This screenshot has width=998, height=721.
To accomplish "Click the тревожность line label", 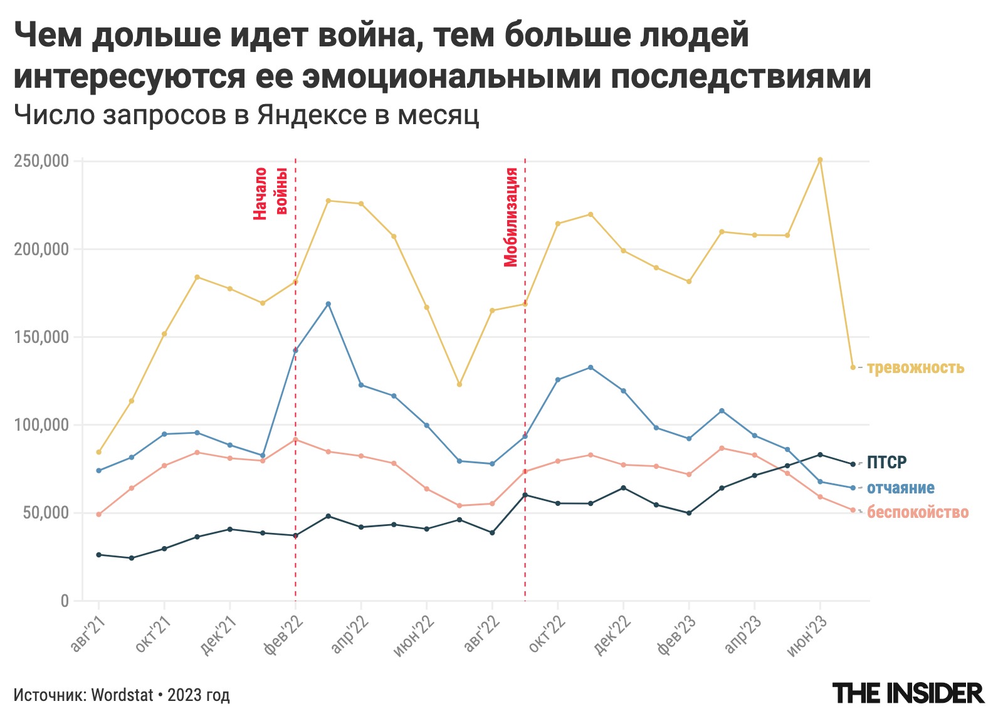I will click(915, 368).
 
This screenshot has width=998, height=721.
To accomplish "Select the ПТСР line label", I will click(886, 463).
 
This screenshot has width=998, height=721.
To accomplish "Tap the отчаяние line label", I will click(900, 488).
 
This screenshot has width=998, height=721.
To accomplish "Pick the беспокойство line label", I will click(917, 513).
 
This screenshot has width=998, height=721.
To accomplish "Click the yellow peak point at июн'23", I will click(820, 160).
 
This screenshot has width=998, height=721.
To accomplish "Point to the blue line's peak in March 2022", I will click(328, 304).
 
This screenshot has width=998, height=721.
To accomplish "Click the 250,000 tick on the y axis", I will click(41, 161).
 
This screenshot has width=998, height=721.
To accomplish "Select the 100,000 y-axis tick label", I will click(41, 425).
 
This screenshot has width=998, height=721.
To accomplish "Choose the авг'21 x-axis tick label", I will click(88, 634).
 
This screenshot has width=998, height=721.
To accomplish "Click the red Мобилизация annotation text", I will click(512, 217).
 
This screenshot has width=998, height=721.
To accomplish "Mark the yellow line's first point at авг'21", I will click(98, 452).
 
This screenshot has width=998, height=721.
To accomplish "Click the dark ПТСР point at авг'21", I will click(98, 555).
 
